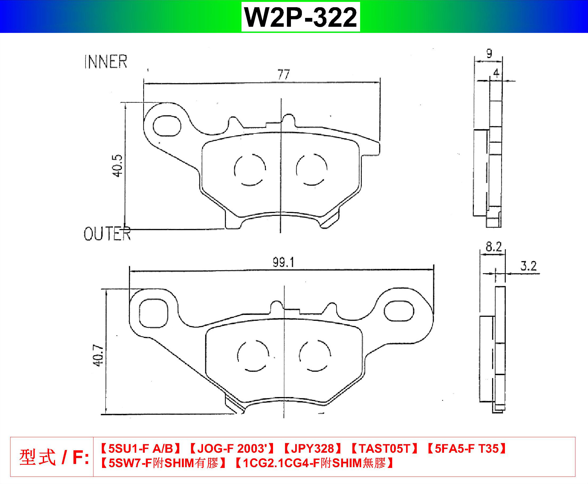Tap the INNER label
click(x=106, y=62)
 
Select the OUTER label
click(x=107, y=234)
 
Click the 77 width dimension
click(x=284, y=74)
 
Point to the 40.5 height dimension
click(x=117, y=166)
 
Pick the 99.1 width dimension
click(x=283, y=262)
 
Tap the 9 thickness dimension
click(x=489, y=53)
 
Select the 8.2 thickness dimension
click(x=494, y=247)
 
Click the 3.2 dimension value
click(x=528, y=266)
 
